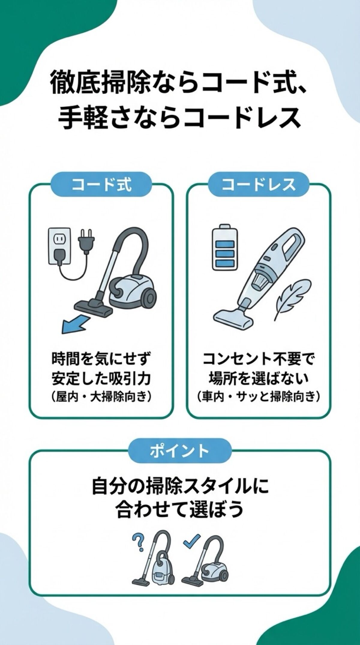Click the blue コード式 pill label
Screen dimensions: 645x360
pos(101,184)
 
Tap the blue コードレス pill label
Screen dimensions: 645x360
pos(258,184)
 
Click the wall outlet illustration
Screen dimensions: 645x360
pos(59,246)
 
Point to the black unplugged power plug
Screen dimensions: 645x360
pos(86,240)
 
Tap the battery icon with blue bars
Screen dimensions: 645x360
pos(224,247)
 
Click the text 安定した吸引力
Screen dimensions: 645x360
pos(101,379)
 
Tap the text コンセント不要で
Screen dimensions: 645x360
pos(258,359)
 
